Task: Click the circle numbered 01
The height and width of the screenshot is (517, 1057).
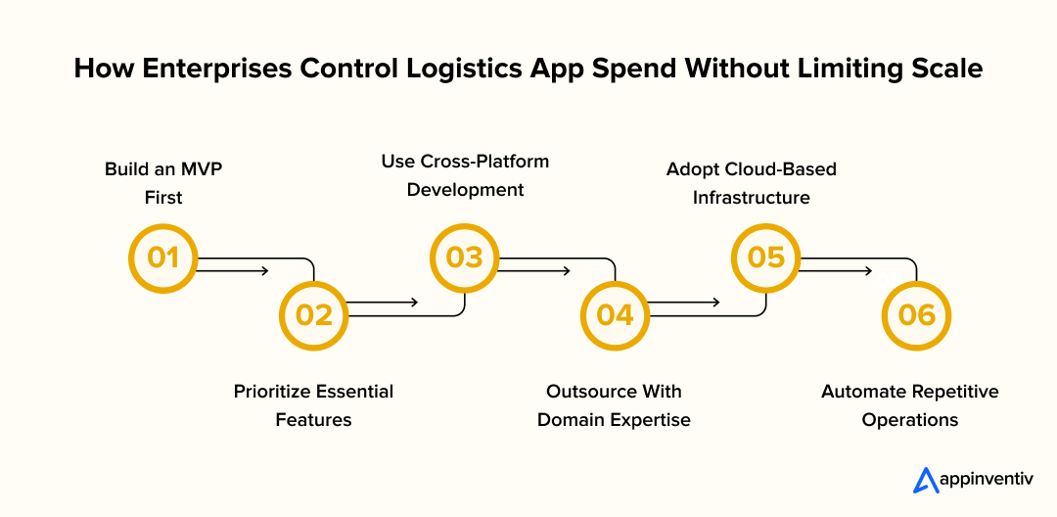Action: click(x=163, y=258)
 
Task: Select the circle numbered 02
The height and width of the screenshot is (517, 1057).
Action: click(x=314, y=314)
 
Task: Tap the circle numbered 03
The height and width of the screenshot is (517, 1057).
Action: click(x=465, y=258)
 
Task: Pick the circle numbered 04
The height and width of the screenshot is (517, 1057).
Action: click(x=615, y=314)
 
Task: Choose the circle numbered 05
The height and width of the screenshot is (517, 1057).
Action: click(x=766, y=258)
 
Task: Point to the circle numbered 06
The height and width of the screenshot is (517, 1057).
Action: click(x=916, y=314)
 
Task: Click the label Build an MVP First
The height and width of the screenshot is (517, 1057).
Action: click(x=163, y=183)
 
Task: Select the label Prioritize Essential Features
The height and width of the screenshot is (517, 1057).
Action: click(x=313, y=405)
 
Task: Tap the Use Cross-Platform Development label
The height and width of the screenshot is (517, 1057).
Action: click(x=465, y=175)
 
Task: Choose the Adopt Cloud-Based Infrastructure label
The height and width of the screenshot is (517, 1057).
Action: click(x=752, y=183)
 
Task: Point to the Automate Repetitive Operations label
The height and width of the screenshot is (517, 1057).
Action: click(x=910, y=405)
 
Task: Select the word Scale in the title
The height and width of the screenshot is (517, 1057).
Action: click(x=947, y=70)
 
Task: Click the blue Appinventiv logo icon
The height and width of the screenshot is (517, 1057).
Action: click(x=926, y=480)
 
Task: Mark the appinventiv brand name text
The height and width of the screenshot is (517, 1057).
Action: click(x=986, y=481)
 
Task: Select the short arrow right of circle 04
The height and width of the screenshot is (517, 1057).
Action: click(x=685, y=302)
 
